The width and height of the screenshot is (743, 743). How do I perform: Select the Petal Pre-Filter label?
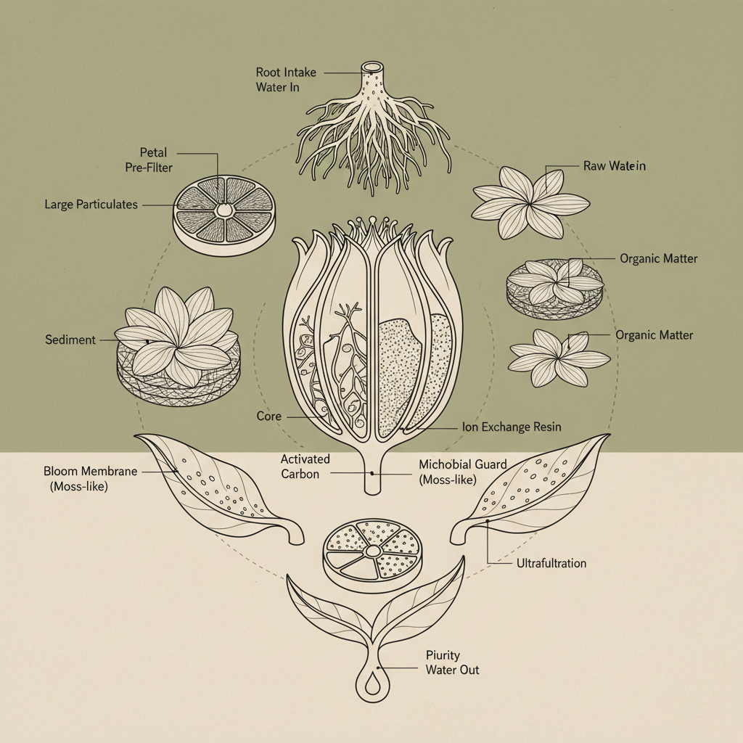coord(153,159)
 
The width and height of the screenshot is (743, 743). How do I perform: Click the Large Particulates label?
coord(91,205)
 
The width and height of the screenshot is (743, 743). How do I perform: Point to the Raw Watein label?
coord(614,166)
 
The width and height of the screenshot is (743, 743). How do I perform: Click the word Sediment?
coord(70,340)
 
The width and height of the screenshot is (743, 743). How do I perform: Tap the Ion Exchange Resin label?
coord(511,427)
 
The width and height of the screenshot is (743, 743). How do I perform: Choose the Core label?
coord(269,416)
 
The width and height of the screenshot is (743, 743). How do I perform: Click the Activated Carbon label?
coord(305,466)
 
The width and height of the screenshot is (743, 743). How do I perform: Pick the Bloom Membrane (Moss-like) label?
coord(90,479)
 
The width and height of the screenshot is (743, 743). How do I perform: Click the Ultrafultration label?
coord(551,563)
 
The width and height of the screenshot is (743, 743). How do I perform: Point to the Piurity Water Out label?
coord(452,662)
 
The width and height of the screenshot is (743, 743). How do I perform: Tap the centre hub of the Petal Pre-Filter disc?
coord(224,210)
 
